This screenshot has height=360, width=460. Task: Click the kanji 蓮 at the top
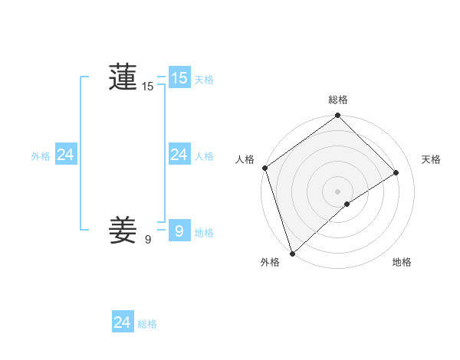123,77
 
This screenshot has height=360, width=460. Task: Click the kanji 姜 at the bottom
123,230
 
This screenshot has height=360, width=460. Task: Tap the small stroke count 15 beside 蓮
148,87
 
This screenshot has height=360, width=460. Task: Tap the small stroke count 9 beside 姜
148,240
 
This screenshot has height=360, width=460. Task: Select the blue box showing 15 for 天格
179,78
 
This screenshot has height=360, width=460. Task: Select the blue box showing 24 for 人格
179,155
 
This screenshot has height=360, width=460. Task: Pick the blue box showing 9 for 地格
179,230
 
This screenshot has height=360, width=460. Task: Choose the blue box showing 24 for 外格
65,155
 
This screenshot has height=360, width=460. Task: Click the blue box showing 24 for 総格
122,322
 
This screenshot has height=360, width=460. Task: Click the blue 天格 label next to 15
204,80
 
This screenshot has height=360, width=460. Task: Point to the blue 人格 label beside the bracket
204,156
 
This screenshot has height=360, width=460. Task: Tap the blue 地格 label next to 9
204,233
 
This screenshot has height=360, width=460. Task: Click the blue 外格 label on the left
41,156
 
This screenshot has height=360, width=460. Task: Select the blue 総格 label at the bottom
147,324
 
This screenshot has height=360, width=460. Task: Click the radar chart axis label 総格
338,100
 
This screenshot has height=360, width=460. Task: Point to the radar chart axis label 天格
432,159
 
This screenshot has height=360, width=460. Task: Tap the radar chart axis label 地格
402,262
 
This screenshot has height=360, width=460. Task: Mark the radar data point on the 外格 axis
292,254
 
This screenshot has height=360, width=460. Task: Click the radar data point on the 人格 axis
264,168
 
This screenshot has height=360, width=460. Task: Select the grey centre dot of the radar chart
337,191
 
